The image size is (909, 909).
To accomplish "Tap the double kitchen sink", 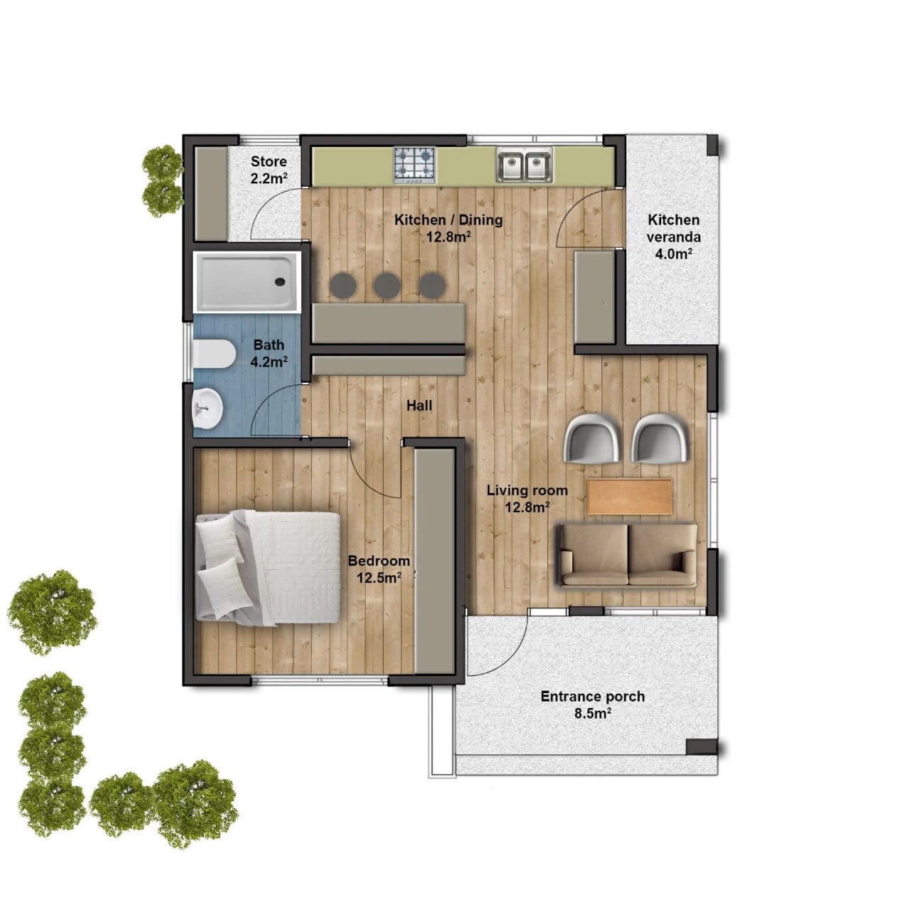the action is coord(524,164).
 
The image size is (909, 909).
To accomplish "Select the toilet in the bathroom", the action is coord(214,354).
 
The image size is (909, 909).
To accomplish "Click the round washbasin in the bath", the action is coord(207,408).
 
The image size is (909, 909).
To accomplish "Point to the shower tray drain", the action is coord(280,282).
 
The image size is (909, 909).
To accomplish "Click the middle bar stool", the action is coord(387,285).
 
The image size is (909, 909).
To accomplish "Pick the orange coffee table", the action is coord(630,496).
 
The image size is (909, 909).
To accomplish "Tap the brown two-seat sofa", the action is coord(628,555).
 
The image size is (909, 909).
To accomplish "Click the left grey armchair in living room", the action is coord(592,437).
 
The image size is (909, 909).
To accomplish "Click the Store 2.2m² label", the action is coord(269,170).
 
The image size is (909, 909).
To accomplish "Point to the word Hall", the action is coord(420,405).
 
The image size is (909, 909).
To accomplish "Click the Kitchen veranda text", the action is coord(674,228).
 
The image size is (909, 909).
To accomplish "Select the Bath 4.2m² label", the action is coord(269,353).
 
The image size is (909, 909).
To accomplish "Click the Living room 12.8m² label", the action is coord(528,498).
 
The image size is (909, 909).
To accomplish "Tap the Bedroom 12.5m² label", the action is coord(379,569).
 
